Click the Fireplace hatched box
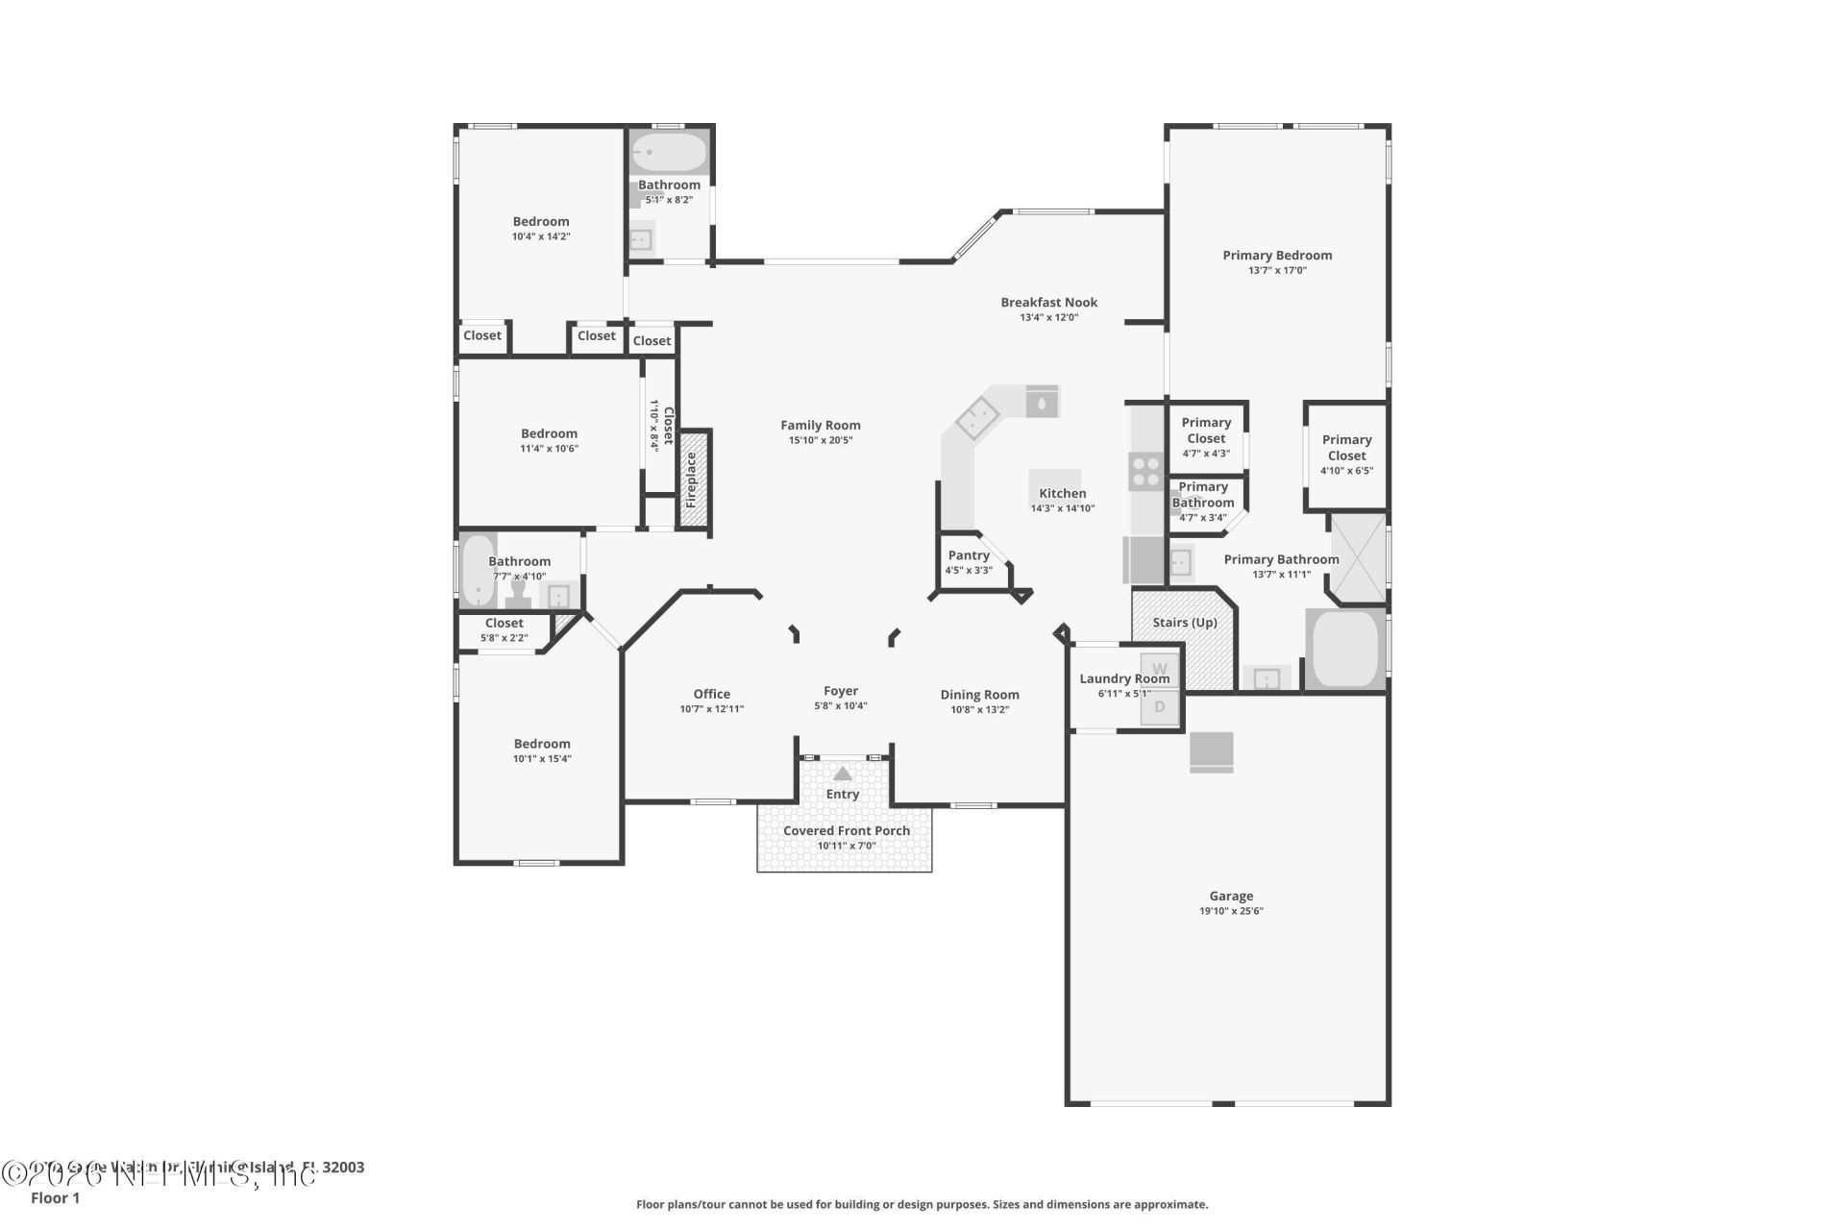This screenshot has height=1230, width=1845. pyautogui.click(x=692, y=480)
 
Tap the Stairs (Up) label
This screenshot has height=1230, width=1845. pyautogui.click(x=1184, y=623)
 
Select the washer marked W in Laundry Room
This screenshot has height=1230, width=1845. pyautogui.click(x=1160, y=669)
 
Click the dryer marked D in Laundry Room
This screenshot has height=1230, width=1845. pyautogui.click(x=1160, y=707)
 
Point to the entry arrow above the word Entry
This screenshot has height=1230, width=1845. pyautogui.click(x=842, y=774)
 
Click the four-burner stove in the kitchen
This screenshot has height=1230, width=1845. pyautogui.click(x=1145, y=471)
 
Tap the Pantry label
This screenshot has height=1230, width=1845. pyautogui.click(x=968, y=555)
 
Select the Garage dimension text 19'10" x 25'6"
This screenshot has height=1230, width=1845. pyautogui.click(x=1230, y=911)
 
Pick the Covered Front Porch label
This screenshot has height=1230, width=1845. pyautogui.click(x=846, y=831)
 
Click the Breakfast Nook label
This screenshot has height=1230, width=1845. pyautogui.click(x=1048, y=303)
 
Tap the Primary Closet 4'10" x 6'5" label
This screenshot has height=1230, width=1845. pyautogui.click(x=1346, y=449)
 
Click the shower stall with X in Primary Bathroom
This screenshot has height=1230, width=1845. pyautogui.click(x=1357, y=558)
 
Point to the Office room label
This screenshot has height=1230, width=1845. pyautogui.click(x=711, y=694)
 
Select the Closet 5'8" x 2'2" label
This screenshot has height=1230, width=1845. pyautogui.click(x=504, y=624)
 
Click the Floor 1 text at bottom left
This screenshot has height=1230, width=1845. pyautogui.click(x=55, y=1198)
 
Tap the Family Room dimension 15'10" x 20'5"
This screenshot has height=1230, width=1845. pyautogui.click(x=820, y=440)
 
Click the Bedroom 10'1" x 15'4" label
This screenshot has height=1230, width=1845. pyautogui.click(x=542, y=744)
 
